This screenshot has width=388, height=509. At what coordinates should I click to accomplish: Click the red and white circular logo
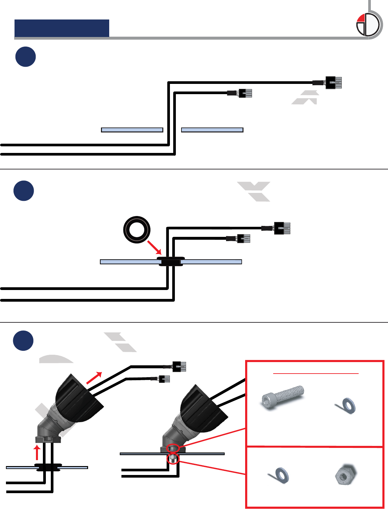click(x=368, y=25)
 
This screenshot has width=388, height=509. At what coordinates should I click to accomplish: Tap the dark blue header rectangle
click(x=62, y=28)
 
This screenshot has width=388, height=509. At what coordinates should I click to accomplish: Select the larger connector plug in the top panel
click(x=333, y=82)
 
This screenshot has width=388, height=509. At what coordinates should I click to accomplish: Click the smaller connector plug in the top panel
click(x=245, y=93)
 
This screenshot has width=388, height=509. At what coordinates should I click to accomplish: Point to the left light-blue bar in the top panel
click(x=132, y=130)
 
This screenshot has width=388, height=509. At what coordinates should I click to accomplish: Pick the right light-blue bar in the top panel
click(x=212, y=130)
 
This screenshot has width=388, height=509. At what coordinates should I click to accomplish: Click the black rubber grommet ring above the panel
click(x=137, y=230)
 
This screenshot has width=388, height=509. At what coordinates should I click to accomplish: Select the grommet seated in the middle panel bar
click(x=171, y=261)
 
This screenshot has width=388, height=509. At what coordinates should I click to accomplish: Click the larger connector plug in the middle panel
click(x=282, y=228)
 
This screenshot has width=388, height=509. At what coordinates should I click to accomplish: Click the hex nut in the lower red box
click(x=344, y=475)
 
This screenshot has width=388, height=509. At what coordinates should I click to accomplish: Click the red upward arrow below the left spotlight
click(x=37, y=453)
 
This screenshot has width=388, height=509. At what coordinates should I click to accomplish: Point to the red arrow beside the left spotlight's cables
click(x=94, y=378)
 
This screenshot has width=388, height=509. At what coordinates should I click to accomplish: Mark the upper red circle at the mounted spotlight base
click(x=173, y=448)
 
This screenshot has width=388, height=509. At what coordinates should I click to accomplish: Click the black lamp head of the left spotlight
click(x=79, y=396)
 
